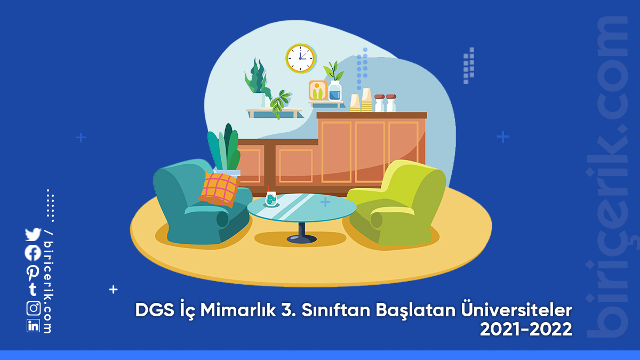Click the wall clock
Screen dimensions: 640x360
click(301, 58)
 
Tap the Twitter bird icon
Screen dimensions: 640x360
click(33, 234)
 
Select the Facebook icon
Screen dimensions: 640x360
click(33, 253)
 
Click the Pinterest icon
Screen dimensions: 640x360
click(33, 273)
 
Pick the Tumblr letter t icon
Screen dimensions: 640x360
click(33, 290)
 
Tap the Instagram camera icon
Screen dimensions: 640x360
click(34, 308)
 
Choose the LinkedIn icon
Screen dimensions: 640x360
click(34, 326)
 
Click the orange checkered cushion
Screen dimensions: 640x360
click(219, 189)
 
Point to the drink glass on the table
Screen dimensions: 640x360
click(271, 198)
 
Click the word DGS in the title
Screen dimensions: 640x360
click(155, 310)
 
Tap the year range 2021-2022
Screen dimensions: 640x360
click(526, 329)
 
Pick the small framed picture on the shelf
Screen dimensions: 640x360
click(318, 90)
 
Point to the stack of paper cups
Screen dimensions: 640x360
click(366, 100)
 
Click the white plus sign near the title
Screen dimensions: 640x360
click(114, 290)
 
